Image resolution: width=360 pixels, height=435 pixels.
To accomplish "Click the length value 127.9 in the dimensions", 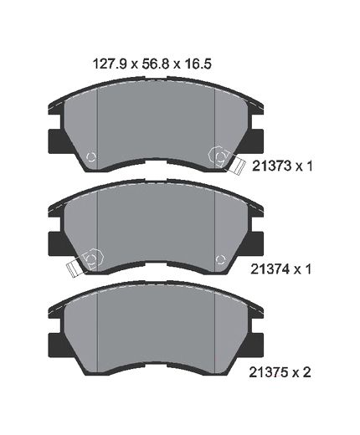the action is [110, 64].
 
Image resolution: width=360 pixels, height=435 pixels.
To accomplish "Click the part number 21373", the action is [272, 166].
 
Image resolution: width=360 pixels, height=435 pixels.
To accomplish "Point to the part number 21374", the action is [270, 269].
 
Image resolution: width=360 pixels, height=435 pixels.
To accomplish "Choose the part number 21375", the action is [270, 372].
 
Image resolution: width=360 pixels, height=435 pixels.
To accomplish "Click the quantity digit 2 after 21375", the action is [306, 372].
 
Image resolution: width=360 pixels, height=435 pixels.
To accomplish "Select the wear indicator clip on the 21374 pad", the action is [74, 268].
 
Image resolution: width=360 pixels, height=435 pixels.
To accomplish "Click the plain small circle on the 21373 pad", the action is [91, 157].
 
